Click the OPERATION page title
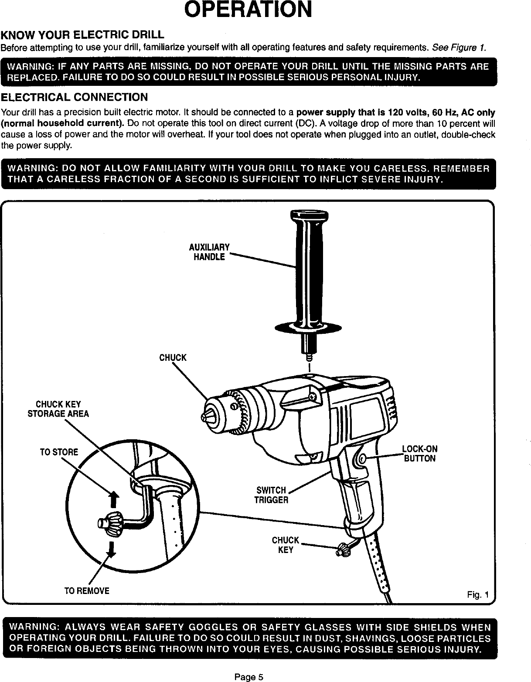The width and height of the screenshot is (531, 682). (248, 10)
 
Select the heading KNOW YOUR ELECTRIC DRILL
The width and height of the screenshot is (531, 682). (83, 35)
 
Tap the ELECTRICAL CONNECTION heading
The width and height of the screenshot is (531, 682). (75, 97)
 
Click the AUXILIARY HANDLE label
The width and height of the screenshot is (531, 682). (209, 252)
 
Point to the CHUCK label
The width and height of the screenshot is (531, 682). (173, 358)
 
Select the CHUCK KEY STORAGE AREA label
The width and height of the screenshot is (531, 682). (58, 409)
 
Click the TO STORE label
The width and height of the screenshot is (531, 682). (59, 452)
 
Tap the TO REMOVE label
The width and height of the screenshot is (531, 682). (87, 591)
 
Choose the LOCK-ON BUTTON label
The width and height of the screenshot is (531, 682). (419, 454)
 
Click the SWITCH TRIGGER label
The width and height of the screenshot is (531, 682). (271, 495)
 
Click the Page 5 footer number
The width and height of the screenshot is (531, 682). (248, 677)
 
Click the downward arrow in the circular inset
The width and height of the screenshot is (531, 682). (112, 549)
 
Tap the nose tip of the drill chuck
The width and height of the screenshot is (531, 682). (204, 417)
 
